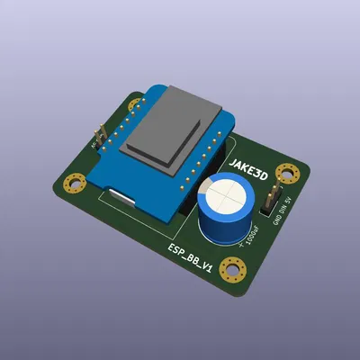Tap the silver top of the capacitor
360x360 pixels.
(227, 194)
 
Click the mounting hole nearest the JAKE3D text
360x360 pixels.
(287, 171)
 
